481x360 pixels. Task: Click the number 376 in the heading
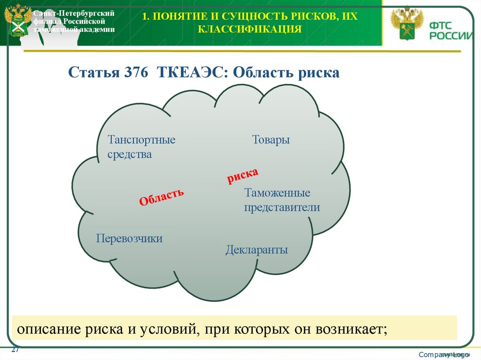click(136, 73)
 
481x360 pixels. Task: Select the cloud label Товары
click(271, 140)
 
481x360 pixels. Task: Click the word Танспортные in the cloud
click(141, 140)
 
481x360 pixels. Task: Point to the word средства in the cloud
click(130, 154)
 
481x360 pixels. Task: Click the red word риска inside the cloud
click(242, 176)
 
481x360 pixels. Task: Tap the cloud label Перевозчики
click(129, 238)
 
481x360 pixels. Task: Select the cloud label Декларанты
click(256, 250)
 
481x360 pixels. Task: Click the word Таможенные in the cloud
click(277, 193)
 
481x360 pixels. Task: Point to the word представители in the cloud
click(282, 207)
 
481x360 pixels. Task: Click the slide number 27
click(15, 350)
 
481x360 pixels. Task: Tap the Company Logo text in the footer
click(444, 354)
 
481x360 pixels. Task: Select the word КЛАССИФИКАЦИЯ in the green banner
click(249, 30)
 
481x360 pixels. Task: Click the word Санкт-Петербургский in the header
click(74, 13)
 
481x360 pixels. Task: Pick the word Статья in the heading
click(93, 73)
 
